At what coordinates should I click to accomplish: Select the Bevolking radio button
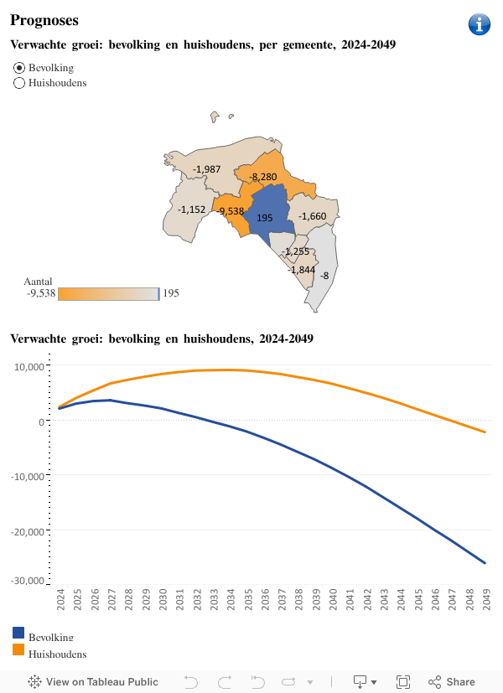[x=19, y=67]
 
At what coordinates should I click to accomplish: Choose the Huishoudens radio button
[x=19, y=83]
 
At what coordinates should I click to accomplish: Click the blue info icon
[x=479, y=24]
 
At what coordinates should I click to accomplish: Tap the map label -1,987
[x=206, y=169]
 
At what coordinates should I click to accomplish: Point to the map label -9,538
[x=230, y=211]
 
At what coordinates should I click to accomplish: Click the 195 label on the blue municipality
[x=265, y=218]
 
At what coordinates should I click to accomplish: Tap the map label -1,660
[x=312, y=217]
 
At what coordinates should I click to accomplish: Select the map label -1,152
[x=191, y=209]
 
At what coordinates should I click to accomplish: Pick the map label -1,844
[x=301, y=270]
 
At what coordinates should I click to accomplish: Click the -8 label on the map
[x=324, y=276]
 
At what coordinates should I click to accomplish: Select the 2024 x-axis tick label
[x=60, y=601]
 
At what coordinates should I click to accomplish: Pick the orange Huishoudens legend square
[x=18, y=649]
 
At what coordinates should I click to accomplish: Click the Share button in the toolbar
[x=452, y=682]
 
